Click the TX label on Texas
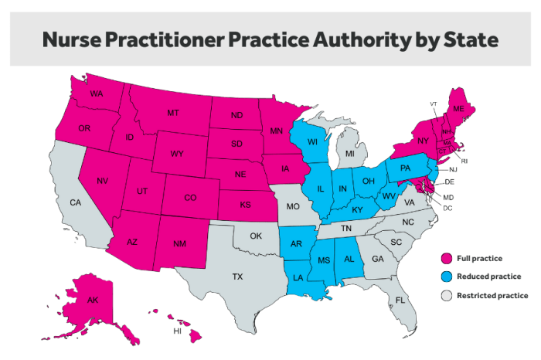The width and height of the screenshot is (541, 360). pyautogui.click(x=237, y=276)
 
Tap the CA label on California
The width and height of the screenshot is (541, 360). pyautogui.click(x=75, y=202)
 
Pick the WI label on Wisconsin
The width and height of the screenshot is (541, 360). pyautogui.click(x=313, y=141)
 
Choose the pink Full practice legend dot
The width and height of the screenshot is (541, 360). pyautogui.click(x=444, y=257)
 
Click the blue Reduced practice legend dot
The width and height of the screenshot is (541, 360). pyautogui.click(x=444, y=276)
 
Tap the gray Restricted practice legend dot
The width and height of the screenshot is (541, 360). pyautogui.click(x=444, y=295)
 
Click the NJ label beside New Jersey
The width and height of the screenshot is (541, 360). pyautogui.click(x=453, y=169)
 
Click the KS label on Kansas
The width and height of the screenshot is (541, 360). pyautogui.click(x=245, y=205)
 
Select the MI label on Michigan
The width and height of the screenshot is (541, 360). pyautogui.click(x=350, y=154)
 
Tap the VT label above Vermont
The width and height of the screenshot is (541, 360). pyautogui.click(x=434, y=104)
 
